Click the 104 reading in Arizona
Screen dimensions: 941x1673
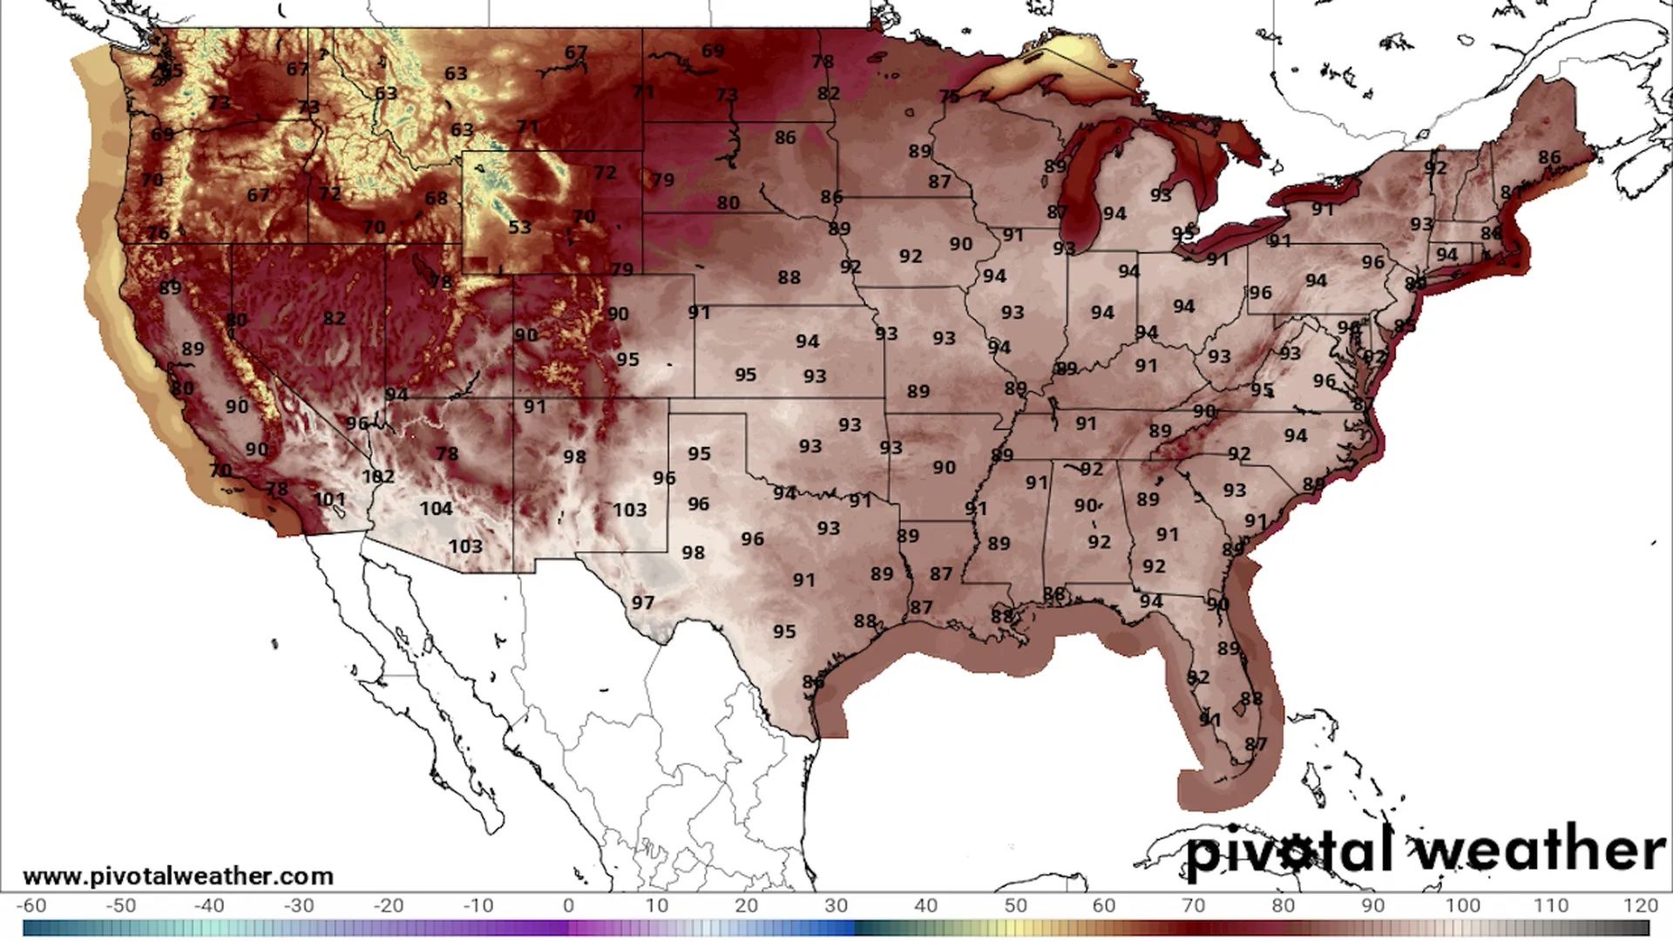436,508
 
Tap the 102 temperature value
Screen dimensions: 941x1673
378,477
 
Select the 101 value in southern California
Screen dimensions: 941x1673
329,499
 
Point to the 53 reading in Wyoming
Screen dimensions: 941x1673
519,227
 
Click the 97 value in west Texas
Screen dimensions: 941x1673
643,602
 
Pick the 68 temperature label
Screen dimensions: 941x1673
437,199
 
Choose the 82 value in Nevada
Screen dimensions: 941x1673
334,318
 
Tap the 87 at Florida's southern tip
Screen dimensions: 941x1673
1256,743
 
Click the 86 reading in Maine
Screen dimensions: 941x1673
1549,157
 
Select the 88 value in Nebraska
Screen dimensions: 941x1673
789,277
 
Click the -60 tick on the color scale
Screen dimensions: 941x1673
31,905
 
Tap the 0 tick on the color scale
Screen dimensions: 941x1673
568,905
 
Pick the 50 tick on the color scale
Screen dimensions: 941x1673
1015,905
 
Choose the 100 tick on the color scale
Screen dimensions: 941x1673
1462,905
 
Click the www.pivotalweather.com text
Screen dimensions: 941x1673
178,876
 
